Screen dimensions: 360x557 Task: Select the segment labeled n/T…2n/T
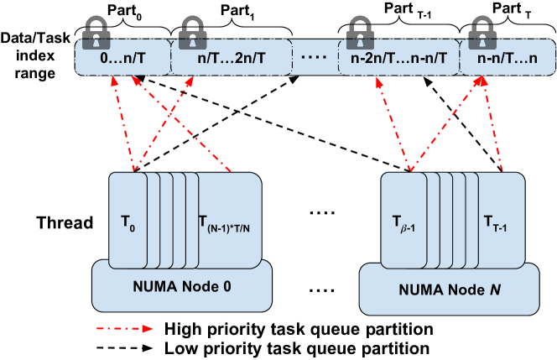click(231, 60)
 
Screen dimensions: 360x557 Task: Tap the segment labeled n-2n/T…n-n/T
click(398, 60)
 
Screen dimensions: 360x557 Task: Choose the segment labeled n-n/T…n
click(507, 60)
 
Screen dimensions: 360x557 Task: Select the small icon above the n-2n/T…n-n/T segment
click(355, 42)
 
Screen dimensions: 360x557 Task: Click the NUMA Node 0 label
click(182, 286)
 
